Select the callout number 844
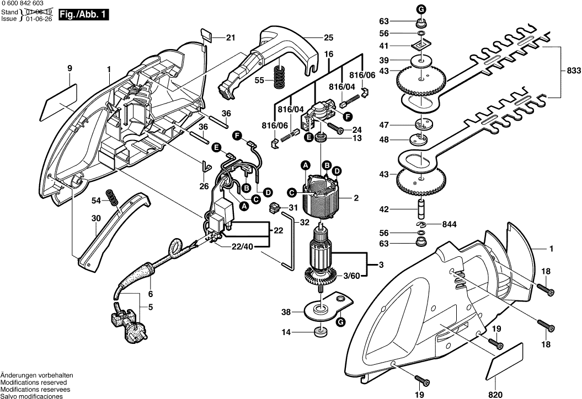tap(450, 224)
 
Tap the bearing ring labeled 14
tap(319, 332)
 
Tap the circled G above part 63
tap(421, 9)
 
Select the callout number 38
tap(285, 312)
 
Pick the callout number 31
tap(292, 208)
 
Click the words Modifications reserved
tap(34, 382)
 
